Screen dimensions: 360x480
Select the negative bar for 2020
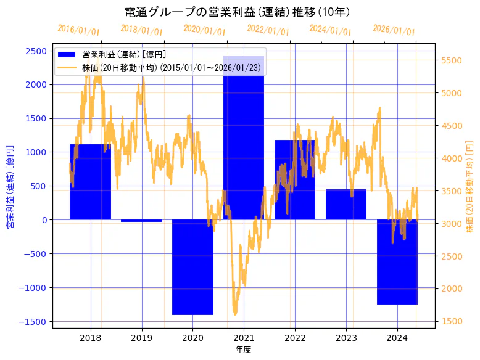pos(192,267)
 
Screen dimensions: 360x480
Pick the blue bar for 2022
pos(295,179)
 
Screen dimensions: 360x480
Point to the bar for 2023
pos(346,204)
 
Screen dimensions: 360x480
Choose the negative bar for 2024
pos(397,262)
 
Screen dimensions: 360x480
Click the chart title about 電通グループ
pos(238,12)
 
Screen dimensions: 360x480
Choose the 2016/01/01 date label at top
pos(78,30)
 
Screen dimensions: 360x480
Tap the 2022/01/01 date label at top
pos(268,30)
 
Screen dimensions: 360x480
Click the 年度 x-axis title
pos(243,350)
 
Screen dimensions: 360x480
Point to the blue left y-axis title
pos(10,187)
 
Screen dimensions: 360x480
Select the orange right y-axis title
pos(470,187)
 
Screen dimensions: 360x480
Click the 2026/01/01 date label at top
pos(394,30)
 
